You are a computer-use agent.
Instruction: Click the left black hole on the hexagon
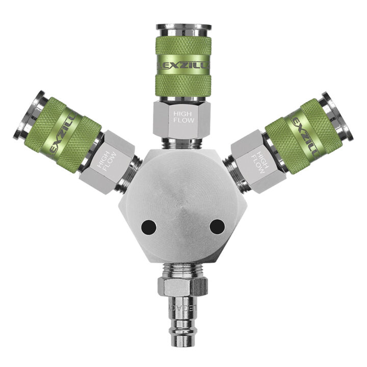tap(149, 226)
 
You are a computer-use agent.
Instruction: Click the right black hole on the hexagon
tap(217, 226)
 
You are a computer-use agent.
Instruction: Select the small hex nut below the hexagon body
tap(182, 287)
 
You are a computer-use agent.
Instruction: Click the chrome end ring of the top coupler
tap(183, 27)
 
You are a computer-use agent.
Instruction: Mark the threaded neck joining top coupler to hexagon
tap(182, 144)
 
